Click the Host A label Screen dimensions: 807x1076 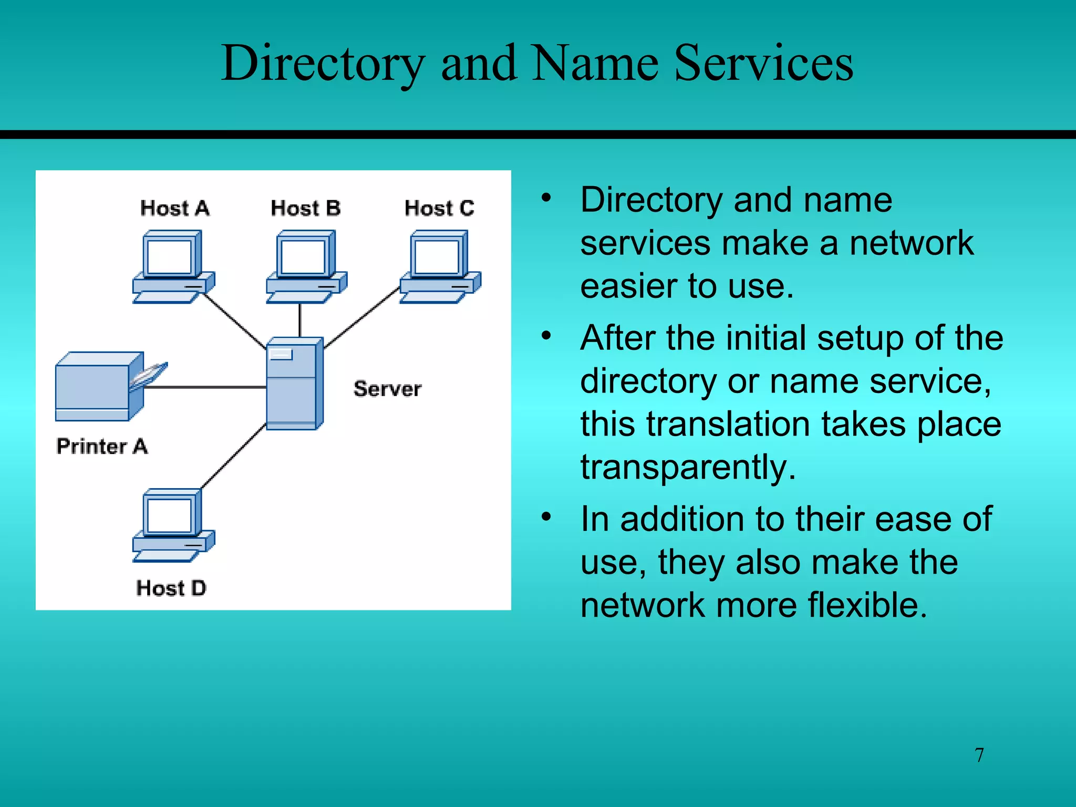(175, 209)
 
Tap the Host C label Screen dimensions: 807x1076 (439, 209)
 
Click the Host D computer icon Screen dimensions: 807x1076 (173, 525)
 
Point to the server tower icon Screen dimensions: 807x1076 (294, 384)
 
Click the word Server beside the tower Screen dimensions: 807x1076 (387, 389)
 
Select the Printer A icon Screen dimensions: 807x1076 (100, 386)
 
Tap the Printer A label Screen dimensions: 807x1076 (102, 447)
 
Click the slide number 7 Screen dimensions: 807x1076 (979, 755)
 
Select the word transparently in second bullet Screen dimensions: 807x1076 (688, 467)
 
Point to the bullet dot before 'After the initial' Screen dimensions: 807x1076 (546, 335)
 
